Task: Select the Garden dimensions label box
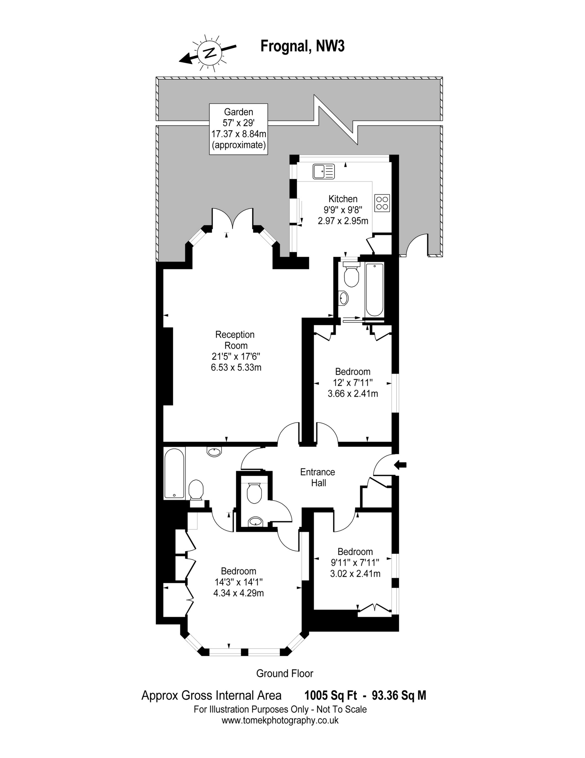point(239,129)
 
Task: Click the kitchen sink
point(324,171)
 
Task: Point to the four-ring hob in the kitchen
point(382,203)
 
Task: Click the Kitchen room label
point(343,199)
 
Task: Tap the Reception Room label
point(235,340)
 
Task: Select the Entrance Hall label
point(318,477)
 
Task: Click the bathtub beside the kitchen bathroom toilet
point(374,290)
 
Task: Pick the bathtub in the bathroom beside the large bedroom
point(174,473)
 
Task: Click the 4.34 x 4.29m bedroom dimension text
point(239,593)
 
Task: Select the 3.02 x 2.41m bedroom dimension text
point(355,574)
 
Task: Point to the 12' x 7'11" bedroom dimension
point(353,383)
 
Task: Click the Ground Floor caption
point(285,674)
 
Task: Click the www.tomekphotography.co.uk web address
point(280,720)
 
